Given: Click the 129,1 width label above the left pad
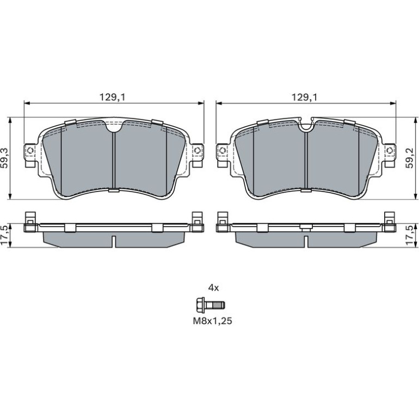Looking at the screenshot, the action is pos(112,97).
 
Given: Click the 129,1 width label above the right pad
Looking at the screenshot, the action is pos(304,97).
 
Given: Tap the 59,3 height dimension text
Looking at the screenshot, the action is pos(5,158).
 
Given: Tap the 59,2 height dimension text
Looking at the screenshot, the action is pos(409,158).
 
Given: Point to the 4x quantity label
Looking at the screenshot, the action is pos(213,288).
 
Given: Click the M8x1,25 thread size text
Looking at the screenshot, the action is pos(212,321).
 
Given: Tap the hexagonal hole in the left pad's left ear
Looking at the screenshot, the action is pos(30,150).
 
